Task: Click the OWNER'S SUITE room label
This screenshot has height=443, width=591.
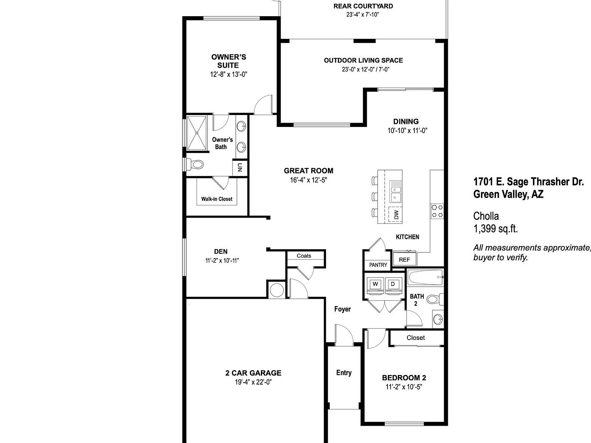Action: [229, 61]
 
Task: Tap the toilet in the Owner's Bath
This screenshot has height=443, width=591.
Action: [196, 165]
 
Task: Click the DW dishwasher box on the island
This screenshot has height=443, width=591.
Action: [396, 214]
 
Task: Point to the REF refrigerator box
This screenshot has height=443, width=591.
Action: [404, 260]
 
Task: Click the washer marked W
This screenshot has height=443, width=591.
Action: [376, 284]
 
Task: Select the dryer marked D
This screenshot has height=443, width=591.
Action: [393, 284]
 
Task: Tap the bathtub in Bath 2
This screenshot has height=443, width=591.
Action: [425, 277]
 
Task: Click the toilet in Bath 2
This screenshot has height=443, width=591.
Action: [435, 299]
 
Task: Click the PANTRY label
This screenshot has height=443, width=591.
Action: [378, 265]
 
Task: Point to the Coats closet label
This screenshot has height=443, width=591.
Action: [304, 256]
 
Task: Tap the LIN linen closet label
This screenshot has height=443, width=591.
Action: [239, 167]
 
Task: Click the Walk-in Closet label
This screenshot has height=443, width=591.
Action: [217, 199]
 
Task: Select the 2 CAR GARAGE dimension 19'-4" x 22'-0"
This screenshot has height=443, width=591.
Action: [253, 382]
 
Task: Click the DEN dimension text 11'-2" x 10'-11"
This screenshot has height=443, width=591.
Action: [222, 260]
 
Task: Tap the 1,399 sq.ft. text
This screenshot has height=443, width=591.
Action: [495, 229]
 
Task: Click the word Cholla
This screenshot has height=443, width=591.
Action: [486, 216]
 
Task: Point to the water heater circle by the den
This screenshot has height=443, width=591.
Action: [276, 290]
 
